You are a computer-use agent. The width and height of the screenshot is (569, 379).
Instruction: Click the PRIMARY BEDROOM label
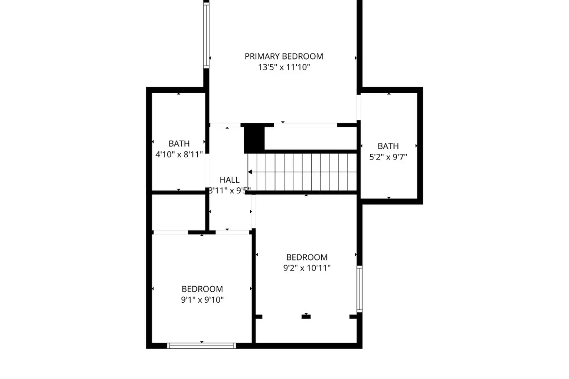[284, 56]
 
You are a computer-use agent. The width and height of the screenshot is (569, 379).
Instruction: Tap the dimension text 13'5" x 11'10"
[284, 67]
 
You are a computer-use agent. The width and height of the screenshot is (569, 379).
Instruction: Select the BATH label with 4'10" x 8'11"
[179, 144]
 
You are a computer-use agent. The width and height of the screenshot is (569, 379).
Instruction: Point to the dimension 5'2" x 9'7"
[388, 157]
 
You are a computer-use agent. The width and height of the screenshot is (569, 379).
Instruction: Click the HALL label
[229, 180]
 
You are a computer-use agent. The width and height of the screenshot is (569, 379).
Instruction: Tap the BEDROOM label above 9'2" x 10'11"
[307, 257]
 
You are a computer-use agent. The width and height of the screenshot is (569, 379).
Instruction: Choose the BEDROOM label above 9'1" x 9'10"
[202, 289]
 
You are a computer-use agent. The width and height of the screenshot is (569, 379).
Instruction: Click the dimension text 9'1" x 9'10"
[202, 300]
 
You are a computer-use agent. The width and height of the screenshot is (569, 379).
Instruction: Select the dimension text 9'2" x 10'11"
[307, 268]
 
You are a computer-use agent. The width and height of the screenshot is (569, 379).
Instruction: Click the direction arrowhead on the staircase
[250, 172]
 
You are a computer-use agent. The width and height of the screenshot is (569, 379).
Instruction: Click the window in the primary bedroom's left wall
[206, 36]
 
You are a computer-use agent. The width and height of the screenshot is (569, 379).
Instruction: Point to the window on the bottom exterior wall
[202, 346]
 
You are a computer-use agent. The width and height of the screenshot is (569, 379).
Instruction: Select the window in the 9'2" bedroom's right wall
[360, 289]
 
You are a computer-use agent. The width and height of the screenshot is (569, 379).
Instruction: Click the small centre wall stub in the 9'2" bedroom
[306, 317]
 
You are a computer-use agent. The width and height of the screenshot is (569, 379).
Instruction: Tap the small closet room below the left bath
[179, 212]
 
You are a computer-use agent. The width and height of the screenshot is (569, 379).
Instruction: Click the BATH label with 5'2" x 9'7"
[388, 146]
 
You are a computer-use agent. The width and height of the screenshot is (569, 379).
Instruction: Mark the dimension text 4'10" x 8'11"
[179, 154]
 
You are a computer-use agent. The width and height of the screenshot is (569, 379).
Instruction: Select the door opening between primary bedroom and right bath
[359, 108]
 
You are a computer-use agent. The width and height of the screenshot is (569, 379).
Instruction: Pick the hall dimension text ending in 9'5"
[229, 191]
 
